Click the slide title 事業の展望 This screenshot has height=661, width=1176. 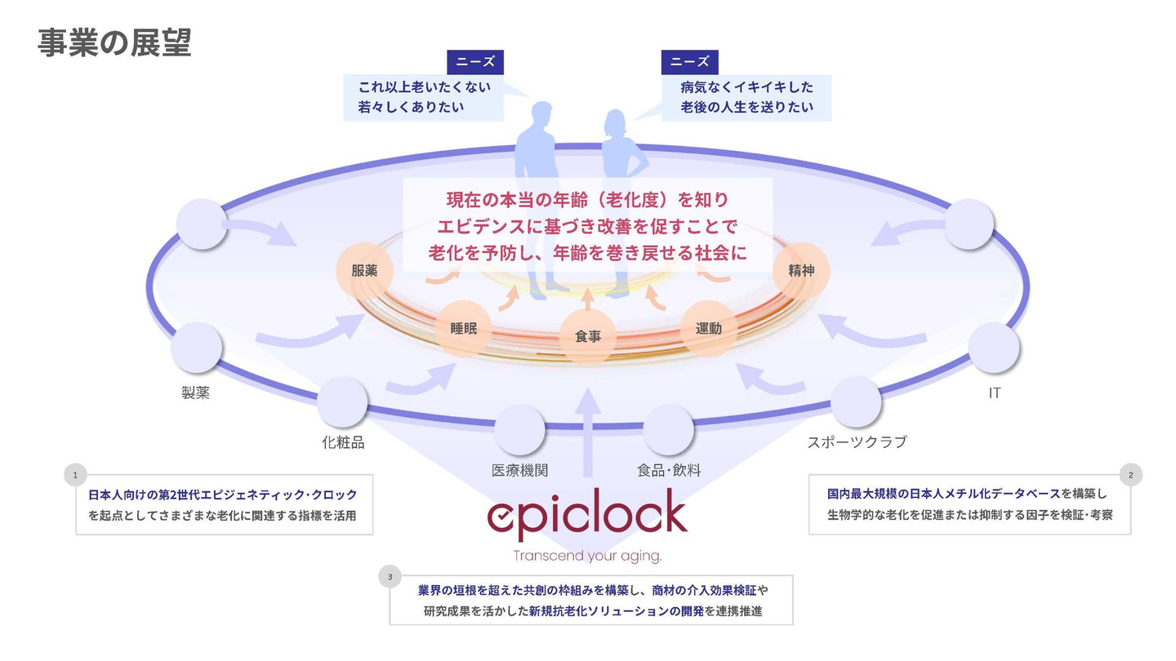[114, 42]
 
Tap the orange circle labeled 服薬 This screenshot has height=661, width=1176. [364, 271]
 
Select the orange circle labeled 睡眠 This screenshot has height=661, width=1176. [464, 329]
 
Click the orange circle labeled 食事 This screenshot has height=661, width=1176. [588, 335]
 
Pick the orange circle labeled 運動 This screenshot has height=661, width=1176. [709, 329]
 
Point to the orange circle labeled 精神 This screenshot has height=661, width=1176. [801, 270]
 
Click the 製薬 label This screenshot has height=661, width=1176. [196, 393]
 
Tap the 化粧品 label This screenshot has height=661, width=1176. [342, 442]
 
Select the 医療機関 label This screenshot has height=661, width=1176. [519, 470]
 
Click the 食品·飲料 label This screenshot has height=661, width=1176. [669, 470]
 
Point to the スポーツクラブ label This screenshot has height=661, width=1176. [857, 442]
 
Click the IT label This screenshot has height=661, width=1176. [994, 393]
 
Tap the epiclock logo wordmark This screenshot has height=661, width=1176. [587, 514]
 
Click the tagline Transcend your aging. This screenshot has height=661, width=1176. [587, 556]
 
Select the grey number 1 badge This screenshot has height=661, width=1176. [75, 474]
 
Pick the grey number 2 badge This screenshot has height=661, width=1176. [1130, 474]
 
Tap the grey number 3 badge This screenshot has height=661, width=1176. [390, 576]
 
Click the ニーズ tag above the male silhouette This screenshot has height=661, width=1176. [475, 62]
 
